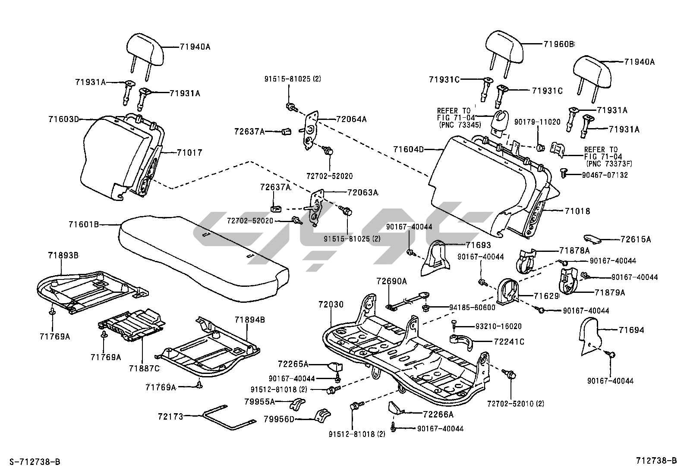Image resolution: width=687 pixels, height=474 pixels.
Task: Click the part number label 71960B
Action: pos(559,44)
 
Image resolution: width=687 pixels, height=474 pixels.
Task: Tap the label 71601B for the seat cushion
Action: pos(84,224)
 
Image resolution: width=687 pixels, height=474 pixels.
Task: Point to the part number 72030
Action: pos(331,304)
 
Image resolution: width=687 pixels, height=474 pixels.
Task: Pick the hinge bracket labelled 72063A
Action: pos(318,207)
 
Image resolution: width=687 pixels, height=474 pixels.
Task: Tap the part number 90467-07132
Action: pos(605,175)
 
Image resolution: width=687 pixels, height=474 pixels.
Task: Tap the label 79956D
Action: pos(280,418)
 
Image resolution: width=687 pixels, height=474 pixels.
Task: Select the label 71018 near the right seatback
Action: pos(577,211)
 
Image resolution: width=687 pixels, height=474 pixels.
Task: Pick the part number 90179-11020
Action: pos(537,122)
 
